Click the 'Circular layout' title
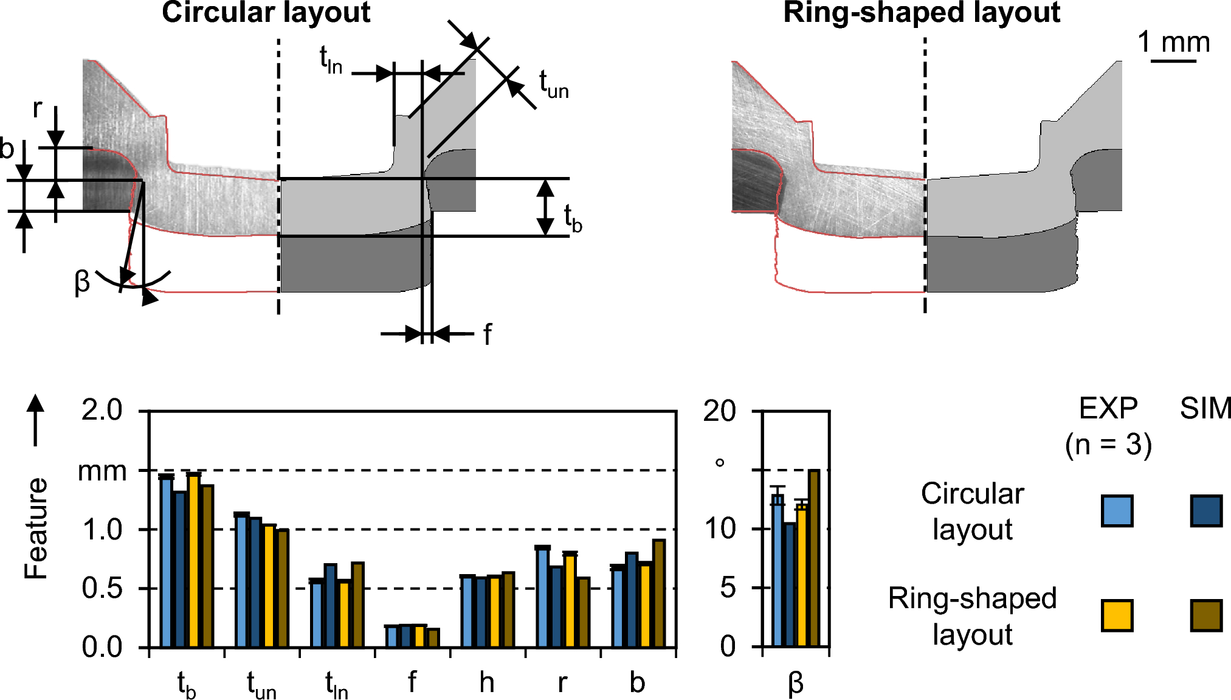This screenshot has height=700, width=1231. [266, 12]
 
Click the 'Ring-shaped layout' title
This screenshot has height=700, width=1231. [922, 12]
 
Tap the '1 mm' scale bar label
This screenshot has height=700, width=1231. [1173, 43]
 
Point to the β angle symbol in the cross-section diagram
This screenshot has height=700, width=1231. [82, 282]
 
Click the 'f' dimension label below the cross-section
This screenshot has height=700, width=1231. [487, 334]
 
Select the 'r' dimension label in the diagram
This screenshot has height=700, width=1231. [38, 108]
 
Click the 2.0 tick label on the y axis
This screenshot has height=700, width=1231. [102, 411]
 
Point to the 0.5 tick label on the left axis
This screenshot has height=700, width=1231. [102, 589]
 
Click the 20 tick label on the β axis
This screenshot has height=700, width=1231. [720, 412]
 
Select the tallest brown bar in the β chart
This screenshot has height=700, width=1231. [813, 558]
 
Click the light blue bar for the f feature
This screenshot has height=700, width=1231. [392, 636]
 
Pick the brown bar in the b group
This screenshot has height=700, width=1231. [658, 593]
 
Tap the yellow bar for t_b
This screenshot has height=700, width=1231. [193, 560]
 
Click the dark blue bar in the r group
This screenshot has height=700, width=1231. [556, 606]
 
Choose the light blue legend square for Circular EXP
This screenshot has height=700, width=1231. [1117, 510]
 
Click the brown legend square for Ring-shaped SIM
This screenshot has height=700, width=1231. [1206, 615]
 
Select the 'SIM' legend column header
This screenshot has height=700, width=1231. [1205, 409]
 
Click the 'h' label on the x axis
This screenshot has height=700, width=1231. [486, 683]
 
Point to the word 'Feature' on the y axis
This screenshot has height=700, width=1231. [36, 528]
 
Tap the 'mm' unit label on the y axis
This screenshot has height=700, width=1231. [102, 472]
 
